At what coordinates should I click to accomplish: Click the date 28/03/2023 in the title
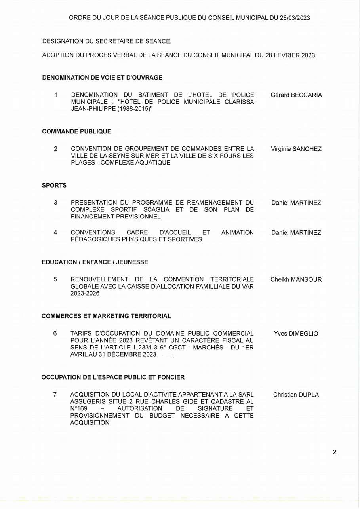coord(292,18)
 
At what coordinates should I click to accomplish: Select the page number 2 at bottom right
coord(335,452)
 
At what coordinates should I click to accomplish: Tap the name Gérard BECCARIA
coord(296,95)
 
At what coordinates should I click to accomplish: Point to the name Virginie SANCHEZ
coord(296,149)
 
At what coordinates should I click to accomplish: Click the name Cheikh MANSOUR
coord(296,279)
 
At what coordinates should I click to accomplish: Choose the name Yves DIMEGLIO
coord(296,334)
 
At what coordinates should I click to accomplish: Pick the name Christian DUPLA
coord(296,395)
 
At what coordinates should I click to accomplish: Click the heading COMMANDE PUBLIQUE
coord(76,131)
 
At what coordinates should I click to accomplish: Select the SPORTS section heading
coord(54,185)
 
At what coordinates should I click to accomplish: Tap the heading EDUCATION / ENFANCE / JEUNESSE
coord(95,262)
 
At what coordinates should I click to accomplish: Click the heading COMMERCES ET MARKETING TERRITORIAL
coord(106,316)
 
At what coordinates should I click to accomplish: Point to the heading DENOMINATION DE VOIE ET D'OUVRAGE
coord(102,78)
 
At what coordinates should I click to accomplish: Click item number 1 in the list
coord(56,95)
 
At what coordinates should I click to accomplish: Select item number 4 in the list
coord(55,232)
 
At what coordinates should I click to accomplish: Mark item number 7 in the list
coord(55,395)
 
